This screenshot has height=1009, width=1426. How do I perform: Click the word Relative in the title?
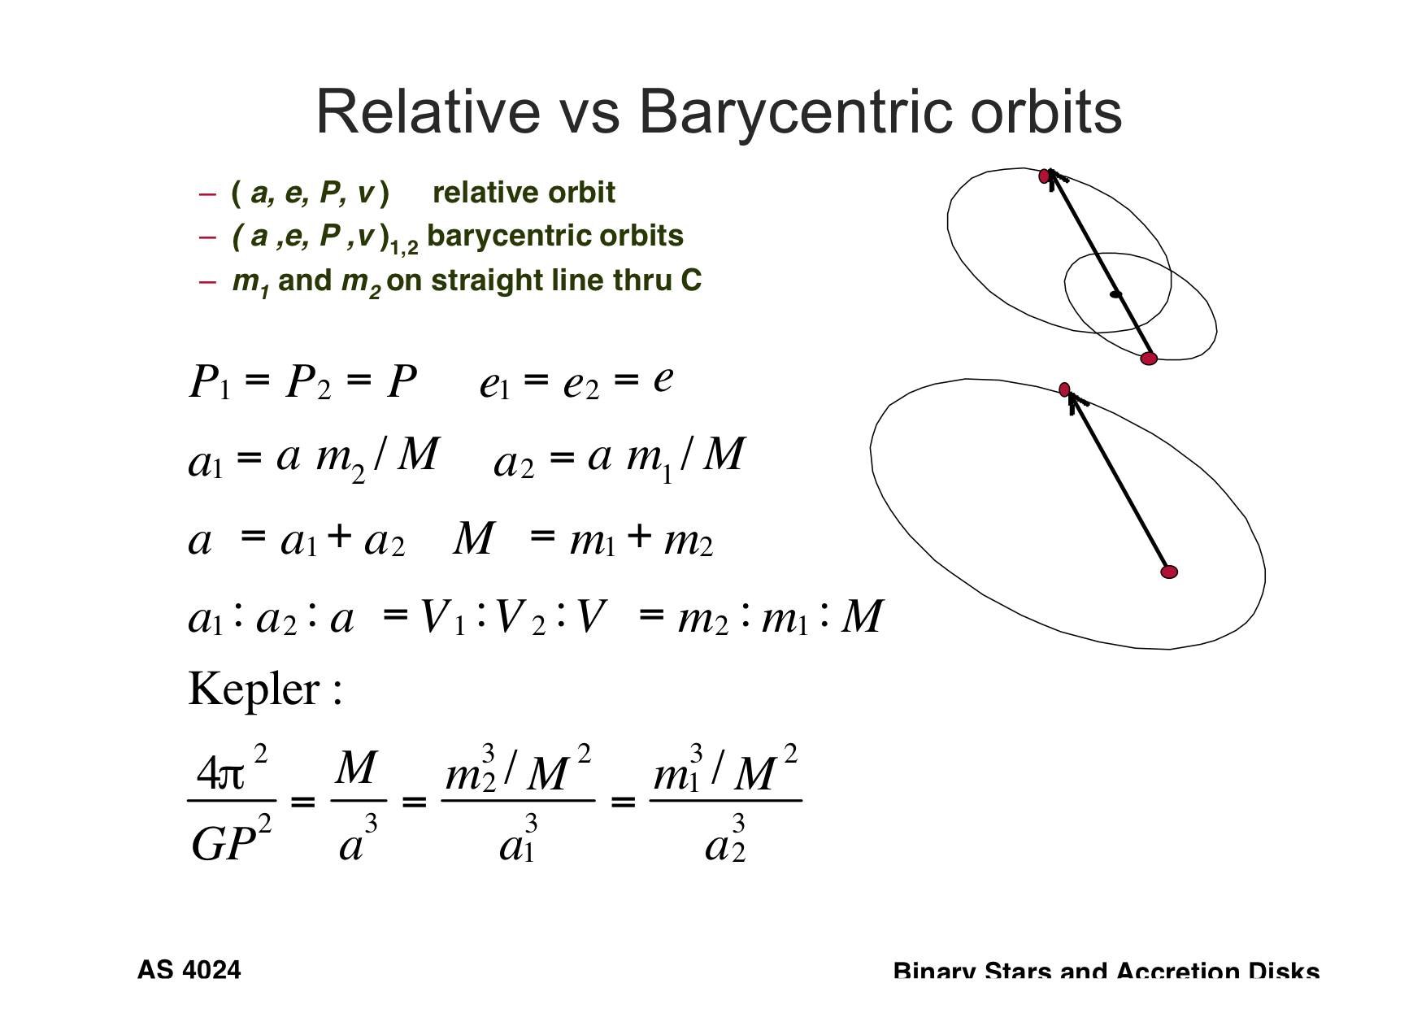[428, 111]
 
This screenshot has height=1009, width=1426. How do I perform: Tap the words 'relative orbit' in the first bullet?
[524, 193]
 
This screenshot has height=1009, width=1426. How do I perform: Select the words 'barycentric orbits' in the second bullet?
[555, 236]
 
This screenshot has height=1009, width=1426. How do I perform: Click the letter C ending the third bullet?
[691, 281]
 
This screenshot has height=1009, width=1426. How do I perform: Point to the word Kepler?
[254, 689]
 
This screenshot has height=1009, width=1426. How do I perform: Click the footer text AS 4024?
[189, 970]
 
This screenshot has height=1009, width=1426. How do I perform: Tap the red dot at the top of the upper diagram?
[1045, 176]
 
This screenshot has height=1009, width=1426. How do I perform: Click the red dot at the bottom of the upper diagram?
[1148, 359]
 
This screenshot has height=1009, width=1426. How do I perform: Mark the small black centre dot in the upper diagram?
[1115, 294]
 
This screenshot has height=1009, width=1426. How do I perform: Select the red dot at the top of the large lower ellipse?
[1064, 389]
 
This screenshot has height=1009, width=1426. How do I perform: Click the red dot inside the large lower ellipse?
[1169, 572]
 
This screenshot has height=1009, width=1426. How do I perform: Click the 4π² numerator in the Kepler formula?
[231, 770]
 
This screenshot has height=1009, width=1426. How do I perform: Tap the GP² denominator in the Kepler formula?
[231, 842]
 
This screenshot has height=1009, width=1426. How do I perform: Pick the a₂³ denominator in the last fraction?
[725, 842]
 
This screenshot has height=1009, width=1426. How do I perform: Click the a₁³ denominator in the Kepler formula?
[518, 842]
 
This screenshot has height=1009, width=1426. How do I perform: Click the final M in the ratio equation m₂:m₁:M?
[861, 617]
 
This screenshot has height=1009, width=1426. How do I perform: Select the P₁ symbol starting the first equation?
[209, 381]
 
